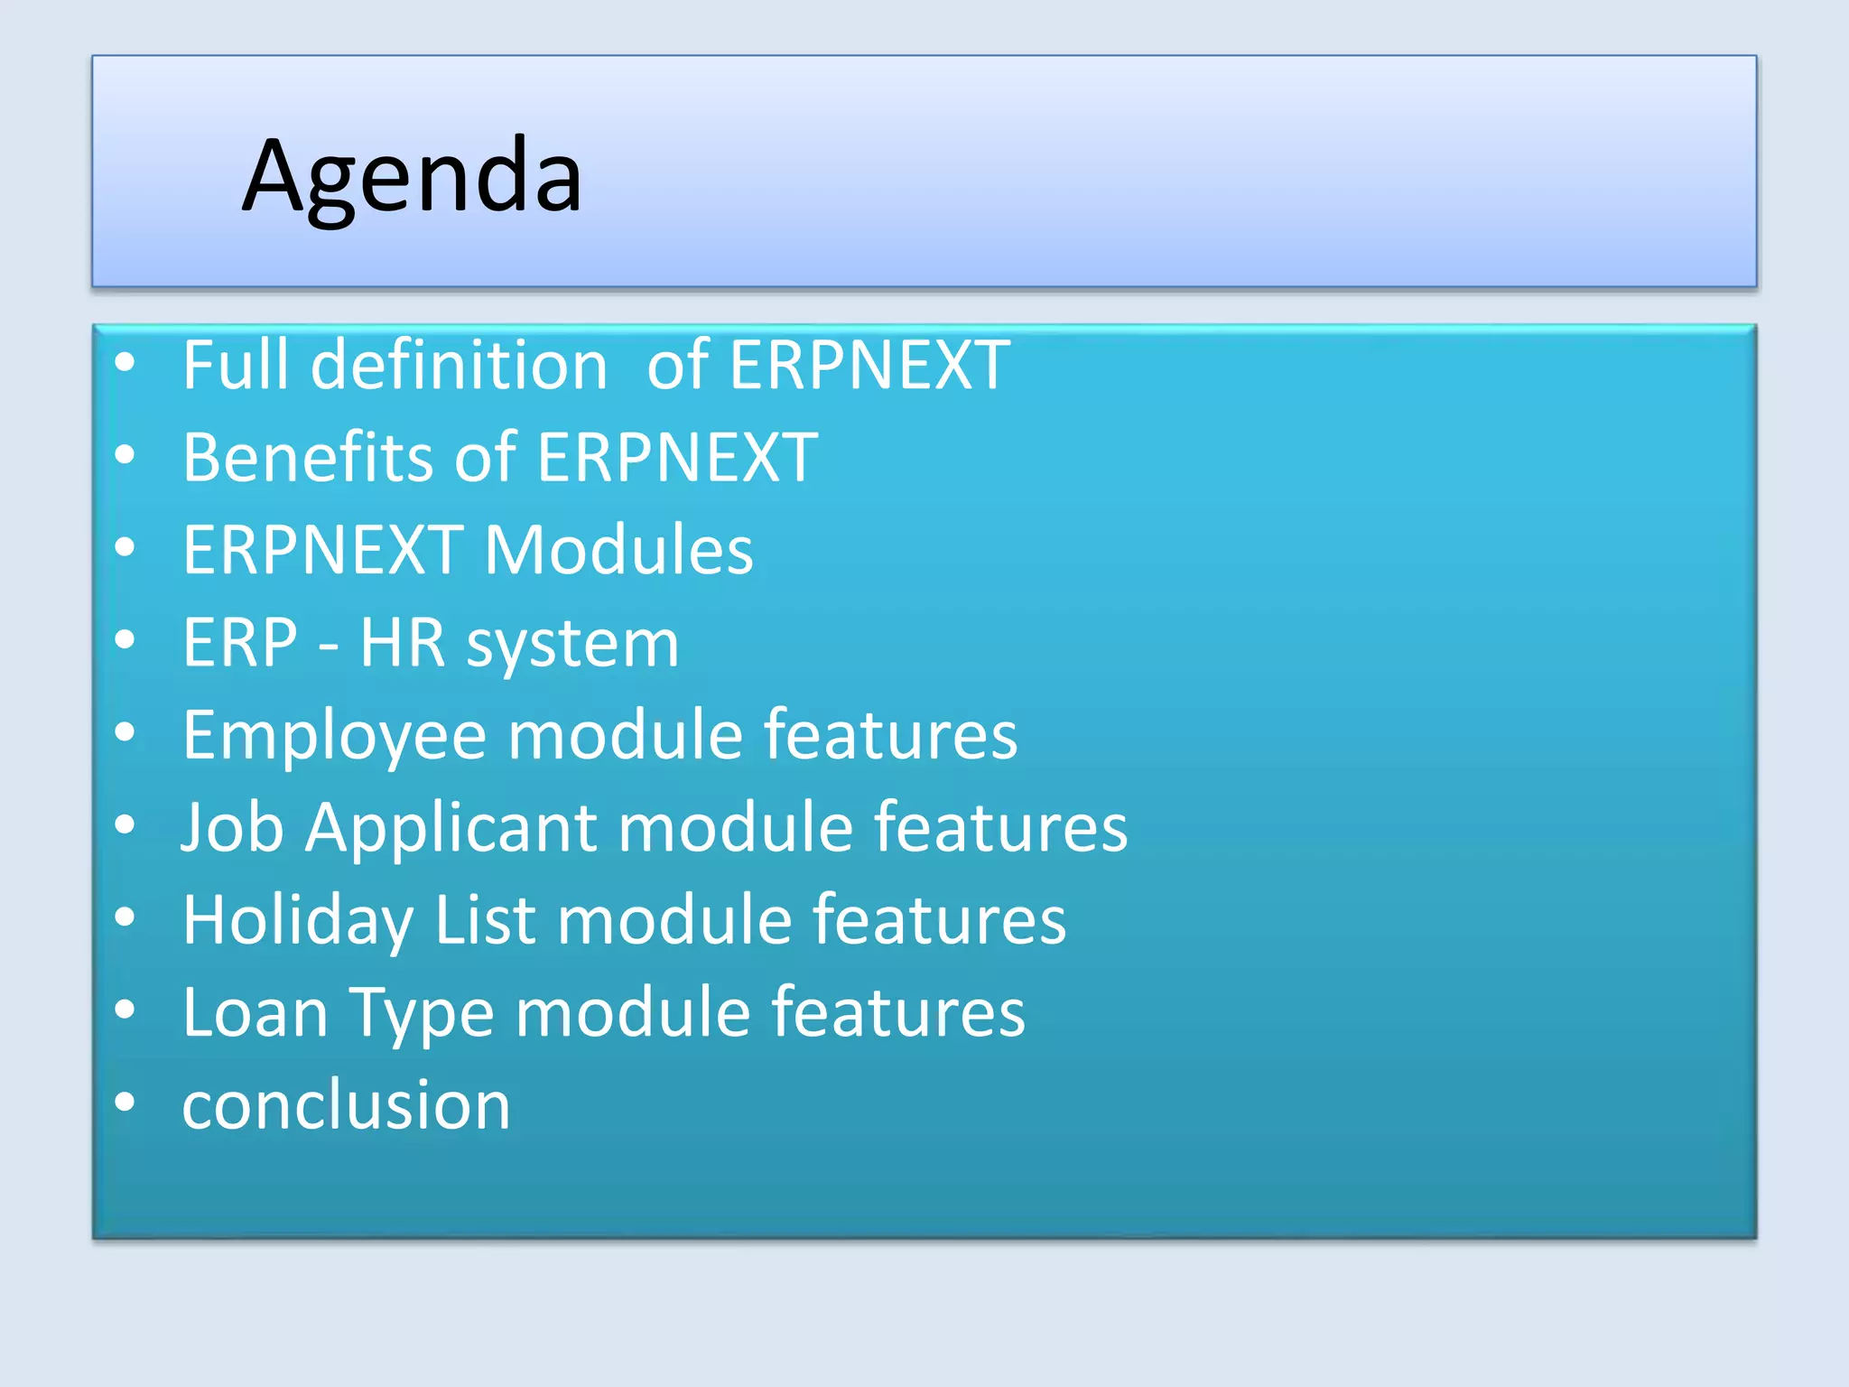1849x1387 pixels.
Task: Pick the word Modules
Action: pyautogui.click(x=618, y=550)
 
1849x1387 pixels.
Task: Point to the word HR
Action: pyautogui.click(x=403, y=643)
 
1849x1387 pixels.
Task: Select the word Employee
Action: pyautogui.click(x=335, y=737)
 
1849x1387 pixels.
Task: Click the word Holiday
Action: pyautogui.click(x=298, y=922)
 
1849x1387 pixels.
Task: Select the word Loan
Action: pyautogui.click(x=255, y=1013)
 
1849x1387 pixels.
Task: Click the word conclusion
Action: pyautogui.click(x=346, y=1105)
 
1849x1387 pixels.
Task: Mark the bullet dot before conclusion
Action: pyautogui.click(x=125, y=1101)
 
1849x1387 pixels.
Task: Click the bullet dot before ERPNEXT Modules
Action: pyautogui.click(x=125, y=546)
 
